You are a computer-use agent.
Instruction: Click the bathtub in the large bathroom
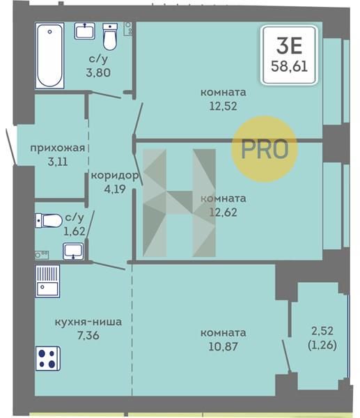click(x=50, y=56)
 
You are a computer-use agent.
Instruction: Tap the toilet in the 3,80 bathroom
click(x=110, y=36)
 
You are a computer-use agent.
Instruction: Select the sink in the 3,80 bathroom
click(x=85, y=31)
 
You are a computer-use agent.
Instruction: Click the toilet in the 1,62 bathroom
click(x=49, y=220)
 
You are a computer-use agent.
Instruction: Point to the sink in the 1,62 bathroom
click(x=73, y=251)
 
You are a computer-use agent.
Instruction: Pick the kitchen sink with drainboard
click(x=47, y=281)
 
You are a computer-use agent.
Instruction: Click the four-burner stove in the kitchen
click(x=48, y=359)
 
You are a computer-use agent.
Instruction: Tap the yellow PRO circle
click(x=264, y=149)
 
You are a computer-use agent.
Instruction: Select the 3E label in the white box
click(x=289, y=45)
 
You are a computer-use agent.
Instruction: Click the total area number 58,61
click(x=289, y=66)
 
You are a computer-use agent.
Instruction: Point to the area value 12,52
click(x=223, y=106)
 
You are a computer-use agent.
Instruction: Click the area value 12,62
click(x=223, y=212)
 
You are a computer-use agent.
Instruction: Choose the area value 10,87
click(x=223, y=346)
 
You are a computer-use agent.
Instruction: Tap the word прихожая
click(x=58, y=148)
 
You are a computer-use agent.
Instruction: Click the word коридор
click(x=115, y=176)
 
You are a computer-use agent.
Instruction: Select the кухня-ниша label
click(x=88, y=322)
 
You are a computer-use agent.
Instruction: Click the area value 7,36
click(x=88, y=335)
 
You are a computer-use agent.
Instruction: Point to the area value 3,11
click(x=58, y=162)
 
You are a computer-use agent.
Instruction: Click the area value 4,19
click(x=115, y=189)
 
